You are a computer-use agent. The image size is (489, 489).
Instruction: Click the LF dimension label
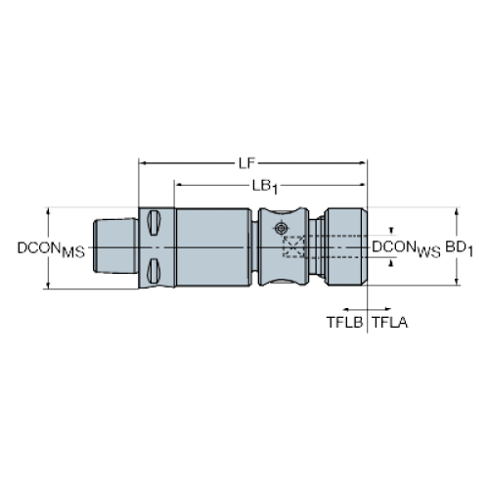246,163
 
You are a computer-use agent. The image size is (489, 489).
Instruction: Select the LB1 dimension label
265,187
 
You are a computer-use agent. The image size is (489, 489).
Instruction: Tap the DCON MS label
51,249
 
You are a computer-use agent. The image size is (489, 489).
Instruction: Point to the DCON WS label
406,248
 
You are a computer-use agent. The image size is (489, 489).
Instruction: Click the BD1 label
459,248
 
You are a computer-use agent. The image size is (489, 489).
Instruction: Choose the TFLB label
345,323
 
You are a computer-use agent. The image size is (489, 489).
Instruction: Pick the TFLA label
390,323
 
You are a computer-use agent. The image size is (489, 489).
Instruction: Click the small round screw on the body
281,228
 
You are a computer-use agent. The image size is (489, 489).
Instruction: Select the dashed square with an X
293,246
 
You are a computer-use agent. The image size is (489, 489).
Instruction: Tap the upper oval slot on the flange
154,223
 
